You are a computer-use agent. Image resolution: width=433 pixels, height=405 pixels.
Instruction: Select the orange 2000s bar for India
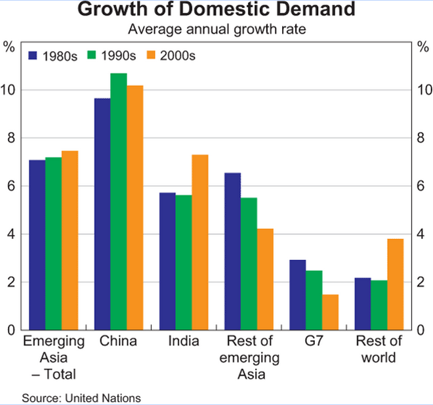pos(200,242)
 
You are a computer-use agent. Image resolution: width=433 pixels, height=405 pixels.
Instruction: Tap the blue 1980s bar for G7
pos(297,295)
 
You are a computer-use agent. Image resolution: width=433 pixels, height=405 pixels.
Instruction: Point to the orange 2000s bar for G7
pos(330,312)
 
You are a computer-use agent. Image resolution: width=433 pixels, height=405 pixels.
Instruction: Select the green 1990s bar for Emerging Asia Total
pos(54,244)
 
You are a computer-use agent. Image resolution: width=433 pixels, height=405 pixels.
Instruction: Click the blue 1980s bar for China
pos(102,214)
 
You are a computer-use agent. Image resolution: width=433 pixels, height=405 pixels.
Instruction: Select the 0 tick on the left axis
pos(10,330)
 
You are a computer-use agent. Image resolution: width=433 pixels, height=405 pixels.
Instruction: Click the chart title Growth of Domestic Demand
pos(216,11)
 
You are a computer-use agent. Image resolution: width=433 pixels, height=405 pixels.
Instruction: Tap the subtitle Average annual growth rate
pos(216,29)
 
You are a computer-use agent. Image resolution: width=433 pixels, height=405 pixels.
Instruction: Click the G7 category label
pos(314,341)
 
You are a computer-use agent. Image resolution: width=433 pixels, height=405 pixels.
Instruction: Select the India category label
pos(184,341)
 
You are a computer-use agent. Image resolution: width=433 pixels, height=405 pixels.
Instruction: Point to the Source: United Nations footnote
pos(82,398)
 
